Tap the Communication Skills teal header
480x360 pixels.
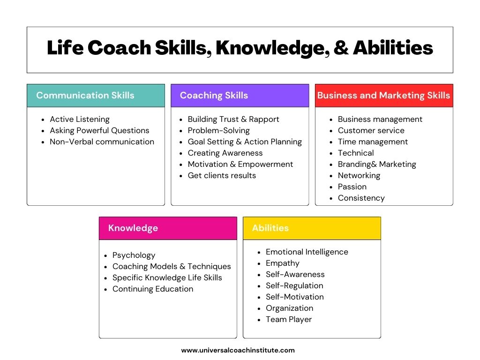(96, 96)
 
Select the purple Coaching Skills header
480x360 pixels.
(240, 96)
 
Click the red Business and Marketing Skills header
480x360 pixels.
(384, 96)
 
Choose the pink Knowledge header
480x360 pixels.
(168, 228)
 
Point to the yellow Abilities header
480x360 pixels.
(312, 228)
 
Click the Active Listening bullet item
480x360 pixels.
(80, 120)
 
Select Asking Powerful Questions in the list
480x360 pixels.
(99, 131)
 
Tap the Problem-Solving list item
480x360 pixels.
(219, 131)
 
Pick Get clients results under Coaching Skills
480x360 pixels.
(222, 175)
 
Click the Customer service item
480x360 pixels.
(371, 131)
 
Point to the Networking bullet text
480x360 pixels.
(359, 176)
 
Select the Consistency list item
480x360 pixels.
(361, 198)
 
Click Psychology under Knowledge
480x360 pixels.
(134, 255)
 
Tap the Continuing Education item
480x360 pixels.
(153, 289)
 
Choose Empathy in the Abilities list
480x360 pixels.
(283, 263)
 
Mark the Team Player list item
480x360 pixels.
(289, 320)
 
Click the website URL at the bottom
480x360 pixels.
(238, 350)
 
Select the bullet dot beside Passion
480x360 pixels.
(331, 187)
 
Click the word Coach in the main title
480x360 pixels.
(120, 48)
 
